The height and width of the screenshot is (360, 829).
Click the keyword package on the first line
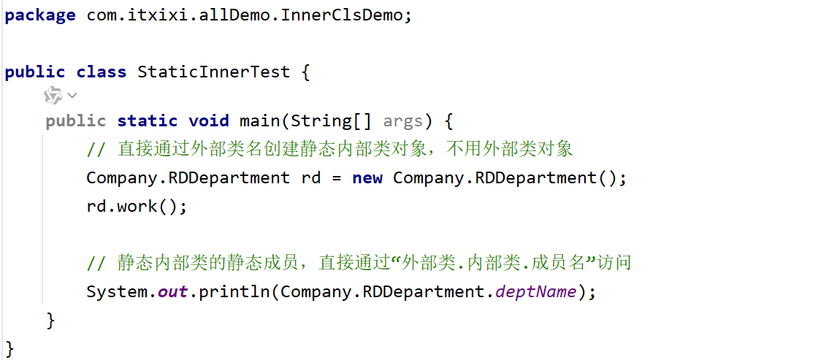(39, 15)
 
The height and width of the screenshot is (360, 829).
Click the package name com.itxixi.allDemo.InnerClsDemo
(244, 15)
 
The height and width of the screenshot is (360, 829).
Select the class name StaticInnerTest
(213, 72)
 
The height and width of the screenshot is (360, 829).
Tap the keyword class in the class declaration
(101, 72)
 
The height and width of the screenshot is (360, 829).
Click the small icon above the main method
(53, 96)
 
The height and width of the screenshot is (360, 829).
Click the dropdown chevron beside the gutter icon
(72, 96)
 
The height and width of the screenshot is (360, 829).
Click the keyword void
(208, 120)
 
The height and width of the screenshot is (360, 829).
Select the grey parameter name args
(402, 120)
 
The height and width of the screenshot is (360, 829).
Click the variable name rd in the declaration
(311, 177)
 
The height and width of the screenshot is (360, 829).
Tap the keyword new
(367, 177)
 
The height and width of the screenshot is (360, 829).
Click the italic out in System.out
(172, 292)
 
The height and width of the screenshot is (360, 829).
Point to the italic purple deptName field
(536, 292)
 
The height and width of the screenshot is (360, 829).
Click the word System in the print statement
(116, 292)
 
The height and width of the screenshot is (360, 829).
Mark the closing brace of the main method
(50, 320)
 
